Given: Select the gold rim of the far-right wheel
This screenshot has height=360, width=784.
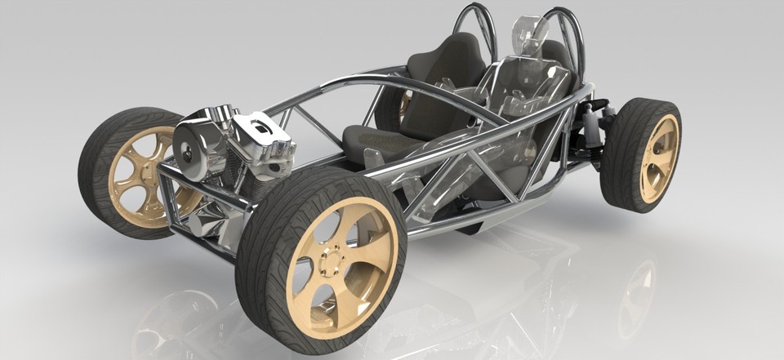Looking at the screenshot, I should click(659, 158).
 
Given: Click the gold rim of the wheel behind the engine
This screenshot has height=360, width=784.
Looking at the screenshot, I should click(139, 176).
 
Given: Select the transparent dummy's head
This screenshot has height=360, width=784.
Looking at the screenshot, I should click(529, 33).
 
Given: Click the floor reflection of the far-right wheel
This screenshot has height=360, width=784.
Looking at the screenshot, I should click(637, 294).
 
